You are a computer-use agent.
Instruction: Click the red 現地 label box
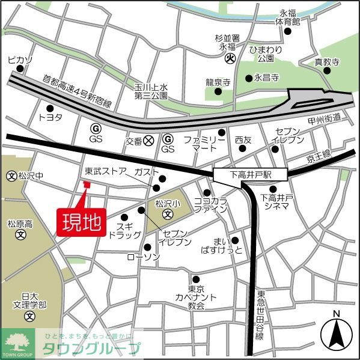coord(81,222)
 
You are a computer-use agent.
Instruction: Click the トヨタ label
coord(50,117)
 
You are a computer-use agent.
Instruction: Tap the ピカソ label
coord(19,60)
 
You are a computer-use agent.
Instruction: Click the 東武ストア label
coord(106,171)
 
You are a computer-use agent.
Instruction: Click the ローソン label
coord(143,257)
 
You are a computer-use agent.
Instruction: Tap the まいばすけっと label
coord(227,245)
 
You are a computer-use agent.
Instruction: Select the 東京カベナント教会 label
coord(196,297)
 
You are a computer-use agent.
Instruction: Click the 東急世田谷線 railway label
coord(260,315)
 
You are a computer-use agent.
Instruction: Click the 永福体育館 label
coord(288,17)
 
